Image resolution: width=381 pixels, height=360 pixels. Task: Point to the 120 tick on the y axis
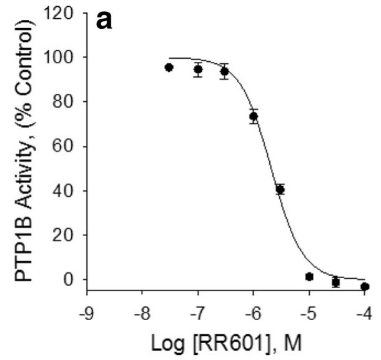click(66, 12)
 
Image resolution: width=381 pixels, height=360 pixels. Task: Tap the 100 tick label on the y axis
click(66, 57)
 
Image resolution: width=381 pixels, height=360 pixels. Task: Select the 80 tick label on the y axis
click(69, 101)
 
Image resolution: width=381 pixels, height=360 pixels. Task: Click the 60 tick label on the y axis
click(69, 146)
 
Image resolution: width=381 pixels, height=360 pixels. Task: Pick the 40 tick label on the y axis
click(69, 191)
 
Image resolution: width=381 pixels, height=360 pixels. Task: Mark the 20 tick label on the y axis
click(69, 235)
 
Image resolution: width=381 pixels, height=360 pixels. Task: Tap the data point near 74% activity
click(254, 116)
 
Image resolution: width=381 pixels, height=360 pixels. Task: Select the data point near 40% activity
click(280, 189)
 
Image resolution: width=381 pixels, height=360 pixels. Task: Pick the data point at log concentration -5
click(309, 276)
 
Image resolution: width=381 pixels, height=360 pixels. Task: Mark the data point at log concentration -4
click(365, 286)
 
